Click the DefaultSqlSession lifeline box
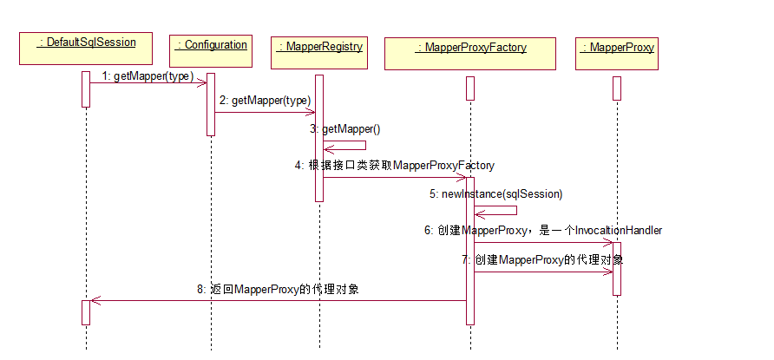[x=86, y=48]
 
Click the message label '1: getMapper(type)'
[x=148, y=76]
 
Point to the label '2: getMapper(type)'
[x=265, y=101]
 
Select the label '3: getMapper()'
[x=344, y=129]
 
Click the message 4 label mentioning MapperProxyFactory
[x=395, y=165]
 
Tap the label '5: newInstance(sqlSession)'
[x=495, y=193]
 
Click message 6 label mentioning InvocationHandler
[x=543, y=231]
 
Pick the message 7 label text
[x=542, y=259]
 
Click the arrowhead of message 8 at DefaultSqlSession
[x=95, y=301]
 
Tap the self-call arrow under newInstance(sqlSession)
[x=497, y=211]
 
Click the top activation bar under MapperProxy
[x=617, y=88]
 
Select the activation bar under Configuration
[x=211, y=104]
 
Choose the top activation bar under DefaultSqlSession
[x=86, y=88]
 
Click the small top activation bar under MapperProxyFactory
[x=469, y=88]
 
